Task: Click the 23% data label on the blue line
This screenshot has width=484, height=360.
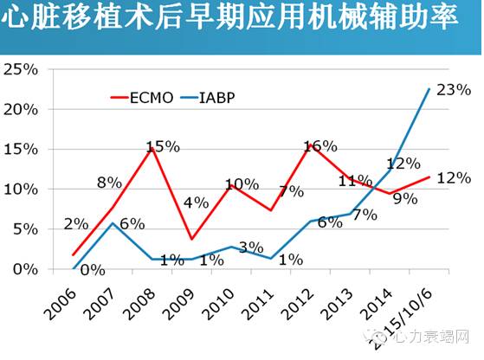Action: (454, 89)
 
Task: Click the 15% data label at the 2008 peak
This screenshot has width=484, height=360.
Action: (163, 146)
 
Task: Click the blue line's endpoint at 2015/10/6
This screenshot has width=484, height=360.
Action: (430, 88)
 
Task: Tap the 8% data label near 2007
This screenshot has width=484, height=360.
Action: (109, 183)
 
